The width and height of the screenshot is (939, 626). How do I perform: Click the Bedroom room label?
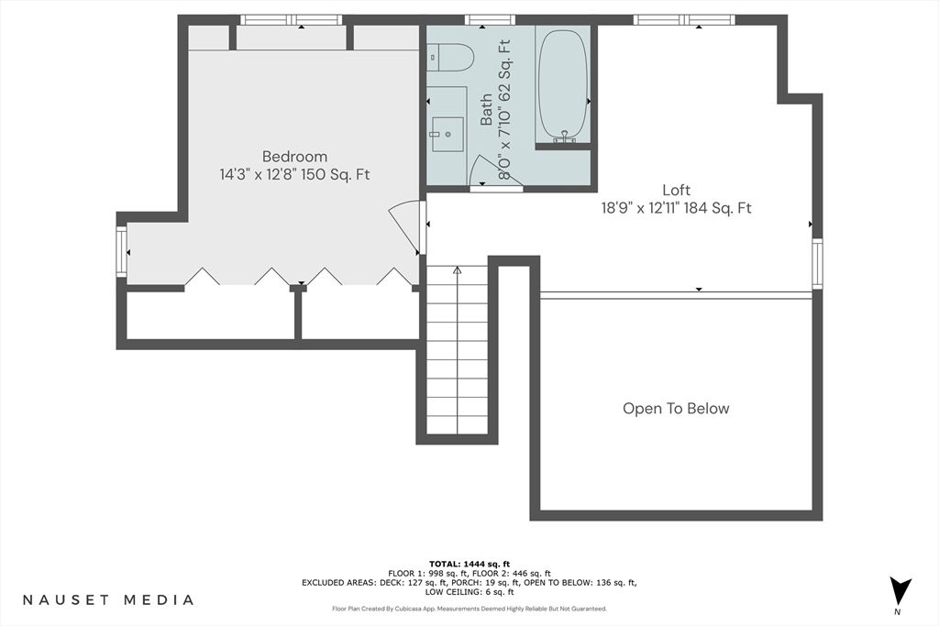294,157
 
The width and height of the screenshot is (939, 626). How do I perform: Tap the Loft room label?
676,191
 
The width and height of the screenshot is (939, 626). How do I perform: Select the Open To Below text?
676,409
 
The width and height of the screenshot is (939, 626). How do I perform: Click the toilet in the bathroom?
451,58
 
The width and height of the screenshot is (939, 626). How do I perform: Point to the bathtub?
563,83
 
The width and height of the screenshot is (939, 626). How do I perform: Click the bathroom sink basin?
447,134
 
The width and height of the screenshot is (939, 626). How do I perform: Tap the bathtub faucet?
564,137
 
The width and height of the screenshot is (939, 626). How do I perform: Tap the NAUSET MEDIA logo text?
108,599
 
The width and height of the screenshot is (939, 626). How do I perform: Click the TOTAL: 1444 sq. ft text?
469,564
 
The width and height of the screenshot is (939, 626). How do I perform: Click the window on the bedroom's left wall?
122,251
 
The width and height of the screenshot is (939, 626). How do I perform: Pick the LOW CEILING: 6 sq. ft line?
469,592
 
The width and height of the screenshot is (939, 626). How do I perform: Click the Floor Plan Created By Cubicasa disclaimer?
469,609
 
